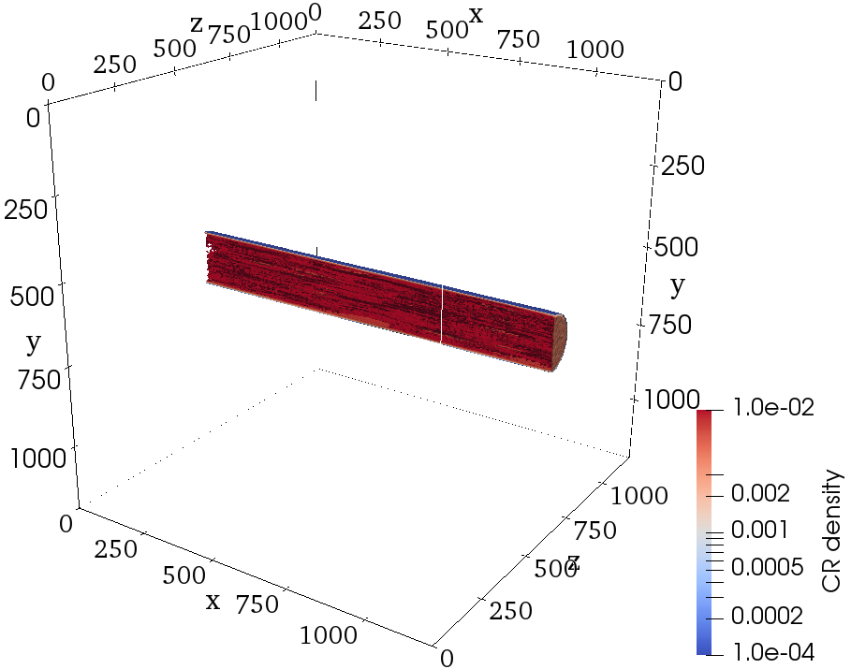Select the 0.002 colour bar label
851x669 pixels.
pyautogui.click(x=760, y=494)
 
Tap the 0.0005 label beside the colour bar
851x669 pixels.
pyautogui.click(x=767, y=567)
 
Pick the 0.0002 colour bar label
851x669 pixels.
pyautogui.click(x=767, y=616)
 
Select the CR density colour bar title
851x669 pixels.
pyautogui.click(x=831, y=531)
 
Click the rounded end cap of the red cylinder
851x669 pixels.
pyautogui.click(x=560, y=342)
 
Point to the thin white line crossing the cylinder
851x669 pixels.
pyautogui.click(x=441, y=313)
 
